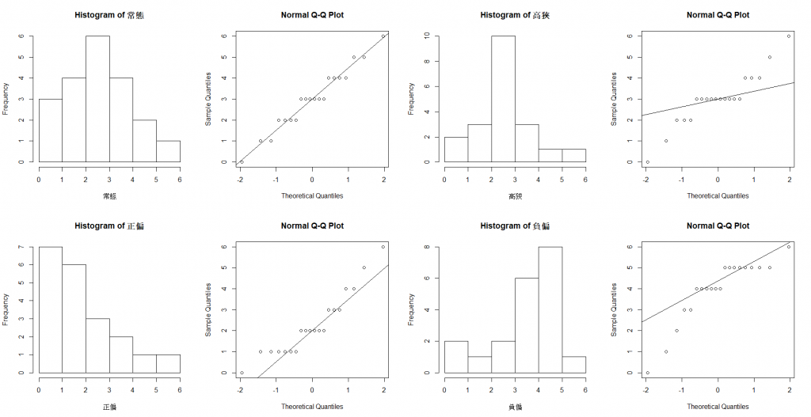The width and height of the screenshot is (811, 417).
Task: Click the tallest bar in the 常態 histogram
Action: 97,99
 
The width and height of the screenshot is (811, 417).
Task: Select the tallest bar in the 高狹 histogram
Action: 502,99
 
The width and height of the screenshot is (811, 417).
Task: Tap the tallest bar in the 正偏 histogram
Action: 50,309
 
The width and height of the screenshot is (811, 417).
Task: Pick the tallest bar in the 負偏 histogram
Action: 550,309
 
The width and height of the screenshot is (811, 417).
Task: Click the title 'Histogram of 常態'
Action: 109,15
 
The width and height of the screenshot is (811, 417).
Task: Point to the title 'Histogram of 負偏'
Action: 515,226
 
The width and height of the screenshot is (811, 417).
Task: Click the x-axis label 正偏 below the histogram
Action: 109,406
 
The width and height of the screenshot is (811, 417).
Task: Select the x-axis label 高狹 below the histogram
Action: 515,195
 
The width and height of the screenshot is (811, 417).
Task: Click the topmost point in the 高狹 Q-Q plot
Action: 789,36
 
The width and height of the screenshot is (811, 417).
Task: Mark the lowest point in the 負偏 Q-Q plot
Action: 647,373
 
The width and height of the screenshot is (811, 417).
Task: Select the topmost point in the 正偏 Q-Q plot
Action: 383,247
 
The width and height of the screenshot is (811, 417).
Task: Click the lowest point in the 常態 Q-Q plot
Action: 242,161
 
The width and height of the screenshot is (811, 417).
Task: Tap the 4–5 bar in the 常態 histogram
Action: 144,141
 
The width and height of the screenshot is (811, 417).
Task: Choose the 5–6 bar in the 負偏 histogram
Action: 573,365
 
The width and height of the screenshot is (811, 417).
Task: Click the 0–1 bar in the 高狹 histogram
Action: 455,149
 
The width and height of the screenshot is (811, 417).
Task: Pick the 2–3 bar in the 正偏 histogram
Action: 97,346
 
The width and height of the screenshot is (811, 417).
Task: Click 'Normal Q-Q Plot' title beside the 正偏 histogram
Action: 312,226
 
